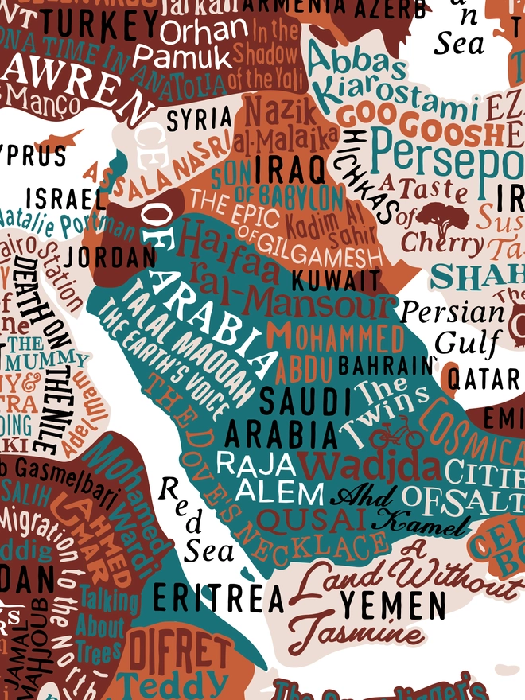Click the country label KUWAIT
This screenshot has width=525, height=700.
tap(336, 280)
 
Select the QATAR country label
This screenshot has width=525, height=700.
tap(484, 379)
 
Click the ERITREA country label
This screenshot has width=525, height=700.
tap(218, 598)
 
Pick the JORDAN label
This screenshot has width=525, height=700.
tap(111, 256)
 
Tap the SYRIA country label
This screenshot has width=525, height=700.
tap(200, 119)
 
